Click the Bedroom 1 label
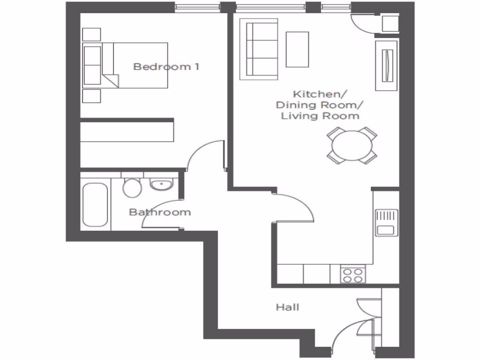click(166, 67)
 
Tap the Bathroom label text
click(160, 212)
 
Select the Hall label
click(287, 307)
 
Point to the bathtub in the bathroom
click(95, 205)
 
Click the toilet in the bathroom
click(132, 187)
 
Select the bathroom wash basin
click(162, 185)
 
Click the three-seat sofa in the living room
click(258, 49)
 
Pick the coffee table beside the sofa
click(297, 49)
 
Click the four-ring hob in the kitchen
click(353, 274)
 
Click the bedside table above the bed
click(91, 34)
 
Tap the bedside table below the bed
click(91, 96)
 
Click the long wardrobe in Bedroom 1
click(127, 130)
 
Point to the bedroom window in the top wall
click(197, 7)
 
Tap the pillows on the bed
click(92, 65)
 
